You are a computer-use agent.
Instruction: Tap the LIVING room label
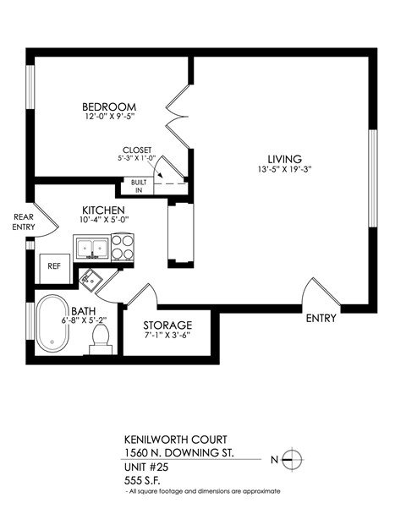click(x=283, y=159)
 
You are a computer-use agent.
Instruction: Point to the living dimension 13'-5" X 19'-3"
click(x=283, y=169)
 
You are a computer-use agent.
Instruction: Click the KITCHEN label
click(x=104, y=211)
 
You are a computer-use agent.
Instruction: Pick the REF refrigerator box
click(x=54, y=265)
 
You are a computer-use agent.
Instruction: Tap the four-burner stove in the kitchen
click(x=122, y=249)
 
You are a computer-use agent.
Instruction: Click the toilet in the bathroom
click(x=100, y=337)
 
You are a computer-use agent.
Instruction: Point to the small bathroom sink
click(x=90, y=277)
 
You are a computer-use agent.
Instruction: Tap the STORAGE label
click(x=167, y=325)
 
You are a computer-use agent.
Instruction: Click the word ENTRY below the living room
click(x=321, y=319)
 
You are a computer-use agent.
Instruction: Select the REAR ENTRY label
click(x=23, y=221)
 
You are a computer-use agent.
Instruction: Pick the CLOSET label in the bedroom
click(x=137, y=149)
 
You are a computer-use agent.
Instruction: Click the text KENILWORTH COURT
click(x=163, y=441)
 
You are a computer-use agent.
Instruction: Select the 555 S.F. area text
click(x=144, y=479)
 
